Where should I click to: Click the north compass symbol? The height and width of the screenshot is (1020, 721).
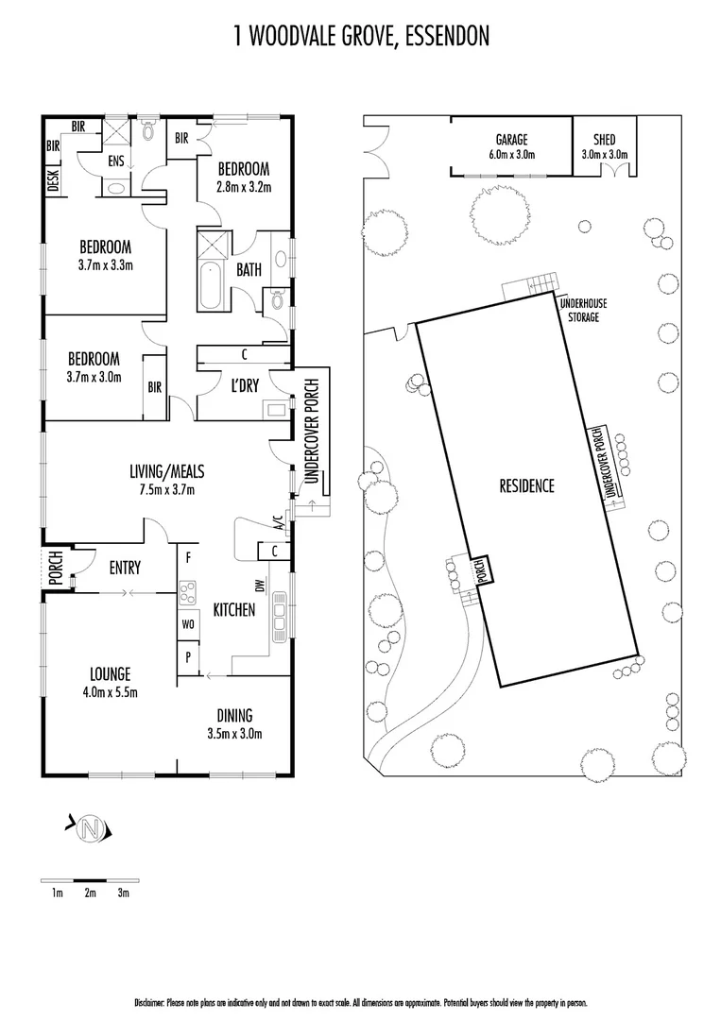coord(91,829)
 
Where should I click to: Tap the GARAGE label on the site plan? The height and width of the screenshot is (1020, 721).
coord(511,139)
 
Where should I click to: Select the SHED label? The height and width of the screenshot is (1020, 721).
coord(604,139)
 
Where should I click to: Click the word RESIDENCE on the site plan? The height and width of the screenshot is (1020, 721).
coord(526,486)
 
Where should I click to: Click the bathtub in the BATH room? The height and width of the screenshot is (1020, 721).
coord(212,285)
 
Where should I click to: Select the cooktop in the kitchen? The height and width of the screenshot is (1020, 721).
coord(187,593)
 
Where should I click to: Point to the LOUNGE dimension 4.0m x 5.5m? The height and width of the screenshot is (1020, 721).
coord(111,692)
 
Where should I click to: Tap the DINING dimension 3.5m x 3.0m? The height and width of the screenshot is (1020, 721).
coord(234,733)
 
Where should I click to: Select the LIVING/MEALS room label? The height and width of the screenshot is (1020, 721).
coord(167,471)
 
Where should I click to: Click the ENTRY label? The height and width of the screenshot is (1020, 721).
coord(125,568)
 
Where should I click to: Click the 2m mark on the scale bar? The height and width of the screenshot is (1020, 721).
coord(90,892)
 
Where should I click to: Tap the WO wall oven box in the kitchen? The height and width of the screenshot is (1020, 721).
coord(187,624)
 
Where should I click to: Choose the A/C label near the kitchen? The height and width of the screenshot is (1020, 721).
coord(278,522)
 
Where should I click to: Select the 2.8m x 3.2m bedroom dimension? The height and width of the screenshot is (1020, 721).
coord(244,186)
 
